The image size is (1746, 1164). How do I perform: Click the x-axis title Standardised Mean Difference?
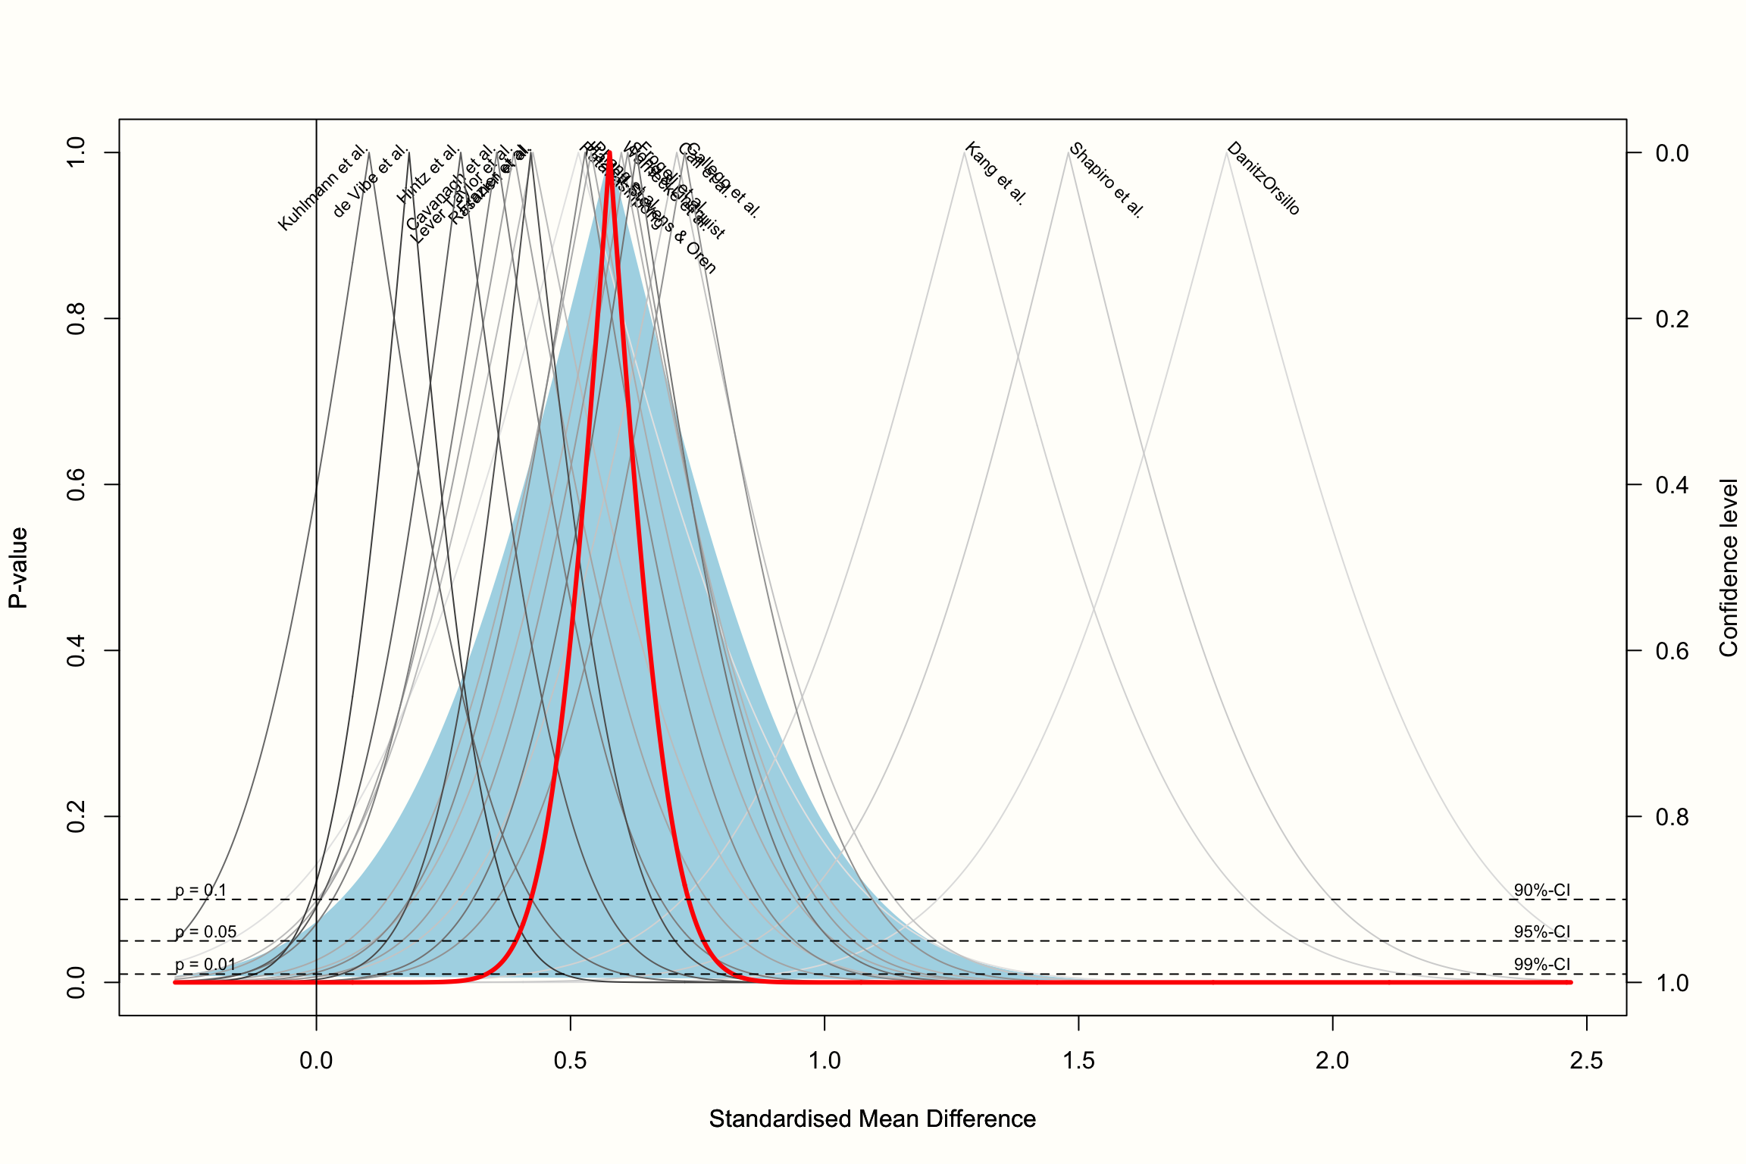click(872, 1119)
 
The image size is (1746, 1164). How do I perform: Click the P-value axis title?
click(18, 568)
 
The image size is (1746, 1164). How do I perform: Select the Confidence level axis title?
click(1729, 568)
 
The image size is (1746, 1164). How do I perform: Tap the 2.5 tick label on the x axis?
click(1586, 1061)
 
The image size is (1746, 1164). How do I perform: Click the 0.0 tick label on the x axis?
click(316, 1061)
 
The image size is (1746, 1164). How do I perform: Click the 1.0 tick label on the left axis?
click(76, 152)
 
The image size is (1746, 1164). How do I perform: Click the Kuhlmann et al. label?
click(323, 189)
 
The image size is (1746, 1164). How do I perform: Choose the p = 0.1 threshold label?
click(201, 890)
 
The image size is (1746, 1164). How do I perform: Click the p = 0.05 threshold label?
click(205, 932)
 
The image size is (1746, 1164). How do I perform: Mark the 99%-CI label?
click(1541, 965)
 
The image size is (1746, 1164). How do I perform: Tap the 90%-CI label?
click(1541, 890)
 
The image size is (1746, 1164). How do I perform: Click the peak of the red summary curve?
click(609, 153)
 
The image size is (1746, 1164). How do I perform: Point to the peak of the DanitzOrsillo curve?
click(1225, 153)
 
